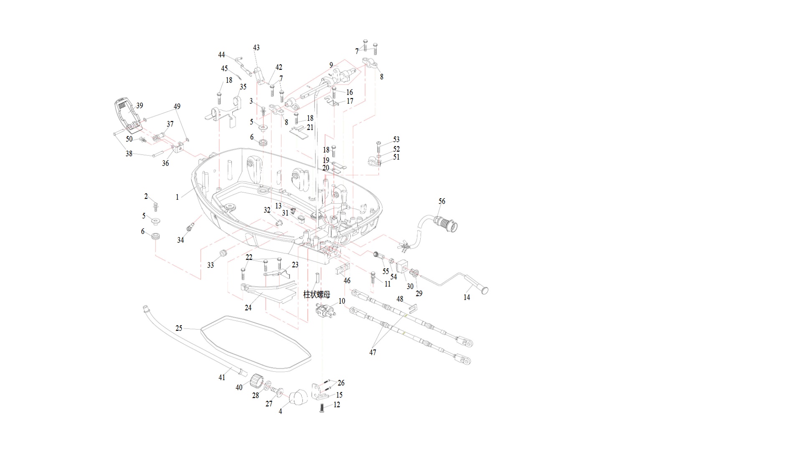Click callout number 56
tap(442, 201)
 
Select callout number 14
tap(467, 297)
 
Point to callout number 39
tap(140, 106)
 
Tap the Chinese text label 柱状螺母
tap(317, 294)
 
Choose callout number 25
tap(179, 328)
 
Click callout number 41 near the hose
tap(222, 378)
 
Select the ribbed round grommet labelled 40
tap(256, 381)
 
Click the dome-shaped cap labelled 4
tap(298, 397)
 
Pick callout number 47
tap(373, 352)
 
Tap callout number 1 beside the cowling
tap(177, 197)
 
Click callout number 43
tap(256, 48)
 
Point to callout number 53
tap(396, 139)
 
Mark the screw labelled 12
tap(322, 407)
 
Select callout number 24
tap(248, 308)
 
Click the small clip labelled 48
tap(412, 309)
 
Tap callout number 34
tap(180, 240)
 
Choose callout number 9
tap(331, 65)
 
